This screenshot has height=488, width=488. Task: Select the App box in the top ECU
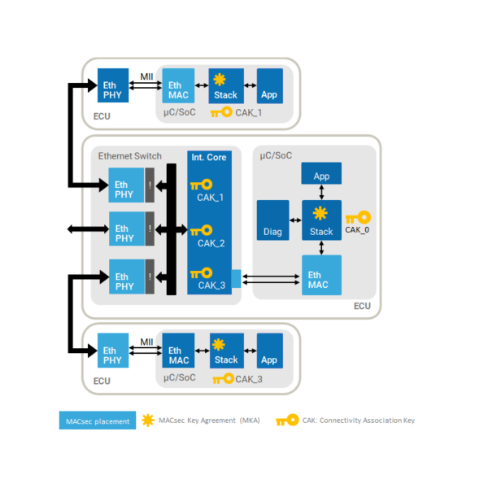click(269, 86)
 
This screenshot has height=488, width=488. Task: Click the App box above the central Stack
click(321, 175)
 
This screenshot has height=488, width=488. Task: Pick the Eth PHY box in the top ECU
click(113, 86)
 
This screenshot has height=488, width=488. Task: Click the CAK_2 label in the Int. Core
click(211, 243)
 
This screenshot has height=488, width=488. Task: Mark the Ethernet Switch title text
click(130, 156)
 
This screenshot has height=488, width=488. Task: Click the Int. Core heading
click(209, 157)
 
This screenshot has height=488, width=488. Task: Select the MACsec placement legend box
click(97, 420)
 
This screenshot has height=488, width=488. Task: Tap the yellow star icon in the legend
click(148, 420)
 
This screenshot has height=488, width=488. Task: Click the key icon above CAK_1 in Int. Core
click(202, 185)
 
